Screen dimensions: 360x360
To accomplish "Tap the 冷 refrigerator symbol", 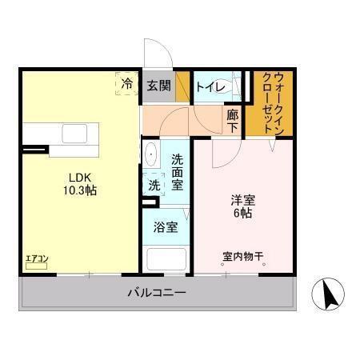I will tap(126, 83).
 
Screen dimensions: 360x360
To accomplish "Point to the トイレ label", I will tap(209, 86).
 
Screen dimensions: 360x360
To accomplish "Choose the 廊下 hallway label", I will tap(232, 120).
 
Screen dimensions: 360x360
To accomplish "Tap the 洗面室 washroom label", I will tap(177, 170).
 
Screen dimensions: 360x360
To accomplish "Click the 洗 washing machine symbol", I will tap(153, 184).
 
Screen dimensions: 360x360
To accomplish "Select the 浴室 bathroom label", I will tap(166, 226).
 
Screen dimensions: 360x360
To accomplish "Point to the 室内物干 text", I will tap(243, 258).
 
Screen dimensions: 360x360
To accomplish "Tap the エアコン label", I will tap(37, 258).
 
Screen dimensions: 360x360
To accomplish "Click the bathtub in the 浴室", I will tap(166, 259).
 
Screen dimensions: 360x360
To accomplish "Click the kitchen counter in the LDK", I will tap(61, 141).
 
